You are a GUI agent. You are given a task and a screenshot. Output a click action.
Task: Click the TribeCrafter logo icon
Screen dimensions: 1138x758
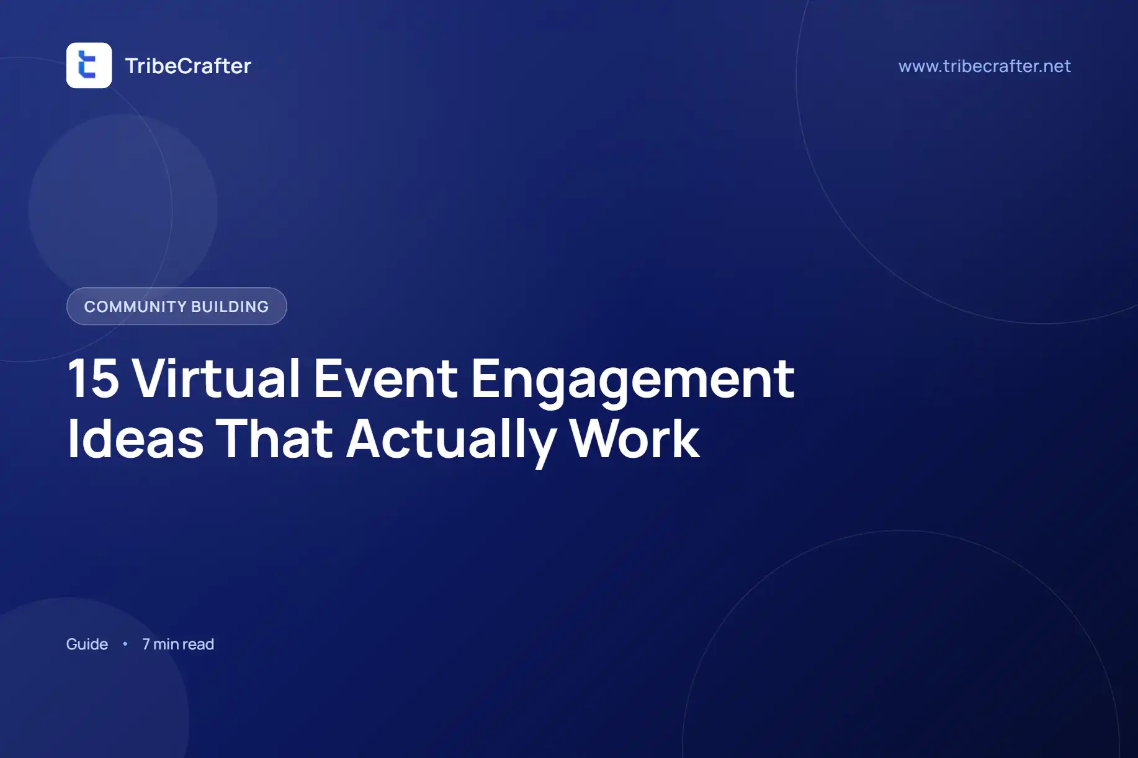click(89, 65)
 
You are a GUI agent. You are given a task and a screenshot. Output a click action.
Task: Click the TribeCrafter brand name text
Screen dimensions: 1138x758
click(188, 66)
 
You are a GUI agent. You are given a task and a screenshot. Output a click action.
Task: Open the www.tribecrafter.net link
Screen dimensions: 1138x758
click(984, 66)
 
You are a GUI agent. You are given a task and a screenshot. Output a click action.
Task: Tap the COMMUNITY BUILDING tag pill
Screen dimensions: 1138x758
click(177, 306)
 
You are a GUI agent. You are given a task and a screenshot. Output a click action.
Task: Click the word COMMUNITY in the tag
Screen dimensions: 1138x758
click(135, 306)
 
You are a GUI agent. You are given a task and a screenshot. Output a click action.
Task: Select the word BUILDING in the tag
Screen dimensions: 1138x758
click(230, 306)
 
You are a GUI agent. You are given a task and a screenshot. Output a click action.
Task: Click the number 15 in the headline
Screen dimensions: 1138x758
click(93, 378)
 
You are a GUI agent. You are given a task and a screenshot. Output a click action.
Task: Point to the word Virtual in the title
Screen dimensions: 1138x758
click(217, 378)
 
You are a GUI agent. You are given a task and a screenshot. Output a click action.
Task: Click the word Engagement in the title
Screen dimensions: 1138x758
click(633, 381)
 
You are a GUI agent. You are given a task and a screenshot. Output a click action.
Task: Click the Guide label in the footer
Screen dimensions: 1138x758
click(87, 644)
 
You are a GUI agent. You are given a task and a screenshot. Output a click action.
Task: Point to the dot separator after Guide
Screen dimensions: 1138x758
click(125, 644)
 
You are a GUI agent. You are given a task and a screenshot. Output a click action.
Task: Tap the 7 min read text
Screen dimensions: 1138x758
click(178, 644)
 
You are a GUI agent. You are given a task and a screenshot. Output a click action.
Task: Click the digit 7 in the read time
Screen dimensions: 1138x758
click(146, 644)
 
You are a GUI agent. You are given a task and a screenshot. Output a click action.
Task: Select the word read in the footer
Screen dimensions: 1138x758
click(199, 644)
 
